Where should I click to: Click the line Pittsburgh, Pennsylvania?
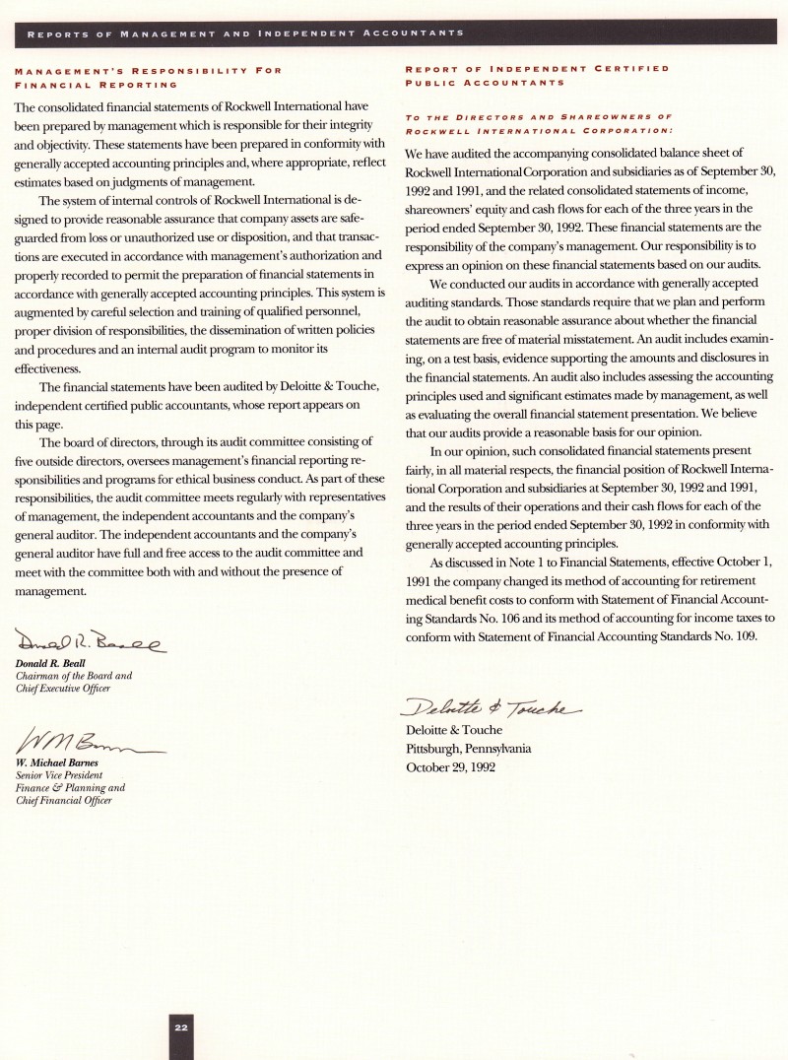pos(469,748)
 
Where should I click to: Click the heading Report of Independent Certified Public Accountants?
pos(537,76)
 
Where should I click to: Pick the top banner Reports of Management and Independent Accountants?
pos(246,33)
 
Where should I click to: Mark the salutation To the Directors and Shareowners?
pos(538,116)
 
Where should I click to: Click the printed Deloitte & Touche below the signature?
pos(454,730)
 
